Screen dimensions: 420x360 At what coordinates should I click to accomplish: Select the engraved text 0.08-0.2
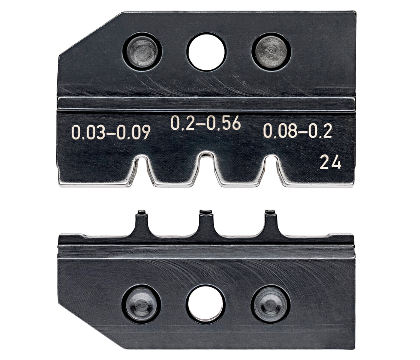(298, 131)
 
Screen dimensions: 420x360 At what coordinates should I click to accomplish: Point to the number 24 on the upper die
(331, 163)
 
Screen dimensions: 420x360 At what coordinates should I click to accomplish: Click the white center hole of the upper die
(206, 50)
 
